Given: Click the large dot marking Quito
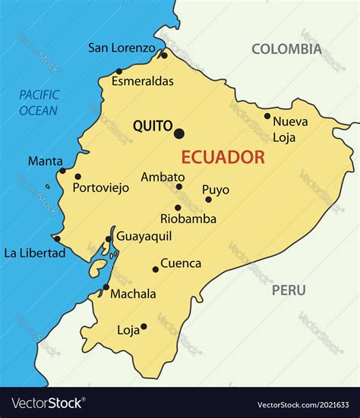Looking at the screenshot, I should point(179,134).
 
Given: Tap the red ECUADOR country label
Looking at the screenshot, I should point(223,158).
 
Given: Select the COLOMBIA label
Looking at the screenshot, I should point(286,49).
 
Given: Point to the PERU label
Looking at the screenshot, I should point(289,290).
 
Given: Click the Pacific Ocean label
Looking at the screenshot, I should point(39,102).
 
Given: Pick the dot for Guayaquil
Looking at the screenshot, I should point(109,238).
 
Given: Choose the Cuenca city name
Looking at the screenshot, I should point(181,263).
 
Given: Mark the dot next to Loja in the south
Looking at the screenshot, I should point(144,326).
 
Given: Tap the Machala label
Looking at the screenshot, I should point(133,294).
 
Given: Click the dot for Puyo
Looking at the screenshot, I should point(208,200).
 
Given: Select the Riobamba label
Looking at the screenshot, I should point(188,218).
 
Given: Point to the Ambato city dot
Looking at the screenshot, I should point(179,187).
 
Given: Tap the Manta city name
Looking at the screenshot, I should point(45,161).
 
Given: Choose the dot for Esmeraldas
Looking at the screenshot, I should point(118,71).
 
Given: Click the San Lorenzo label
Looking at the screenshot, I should point(122,48).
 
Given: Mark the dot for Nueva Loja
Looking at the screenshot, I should point(267,116).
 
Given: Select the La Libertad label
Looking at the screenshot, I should point(35,253).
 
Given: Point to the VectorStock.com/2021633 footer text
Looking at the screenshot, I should point(304,404).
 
